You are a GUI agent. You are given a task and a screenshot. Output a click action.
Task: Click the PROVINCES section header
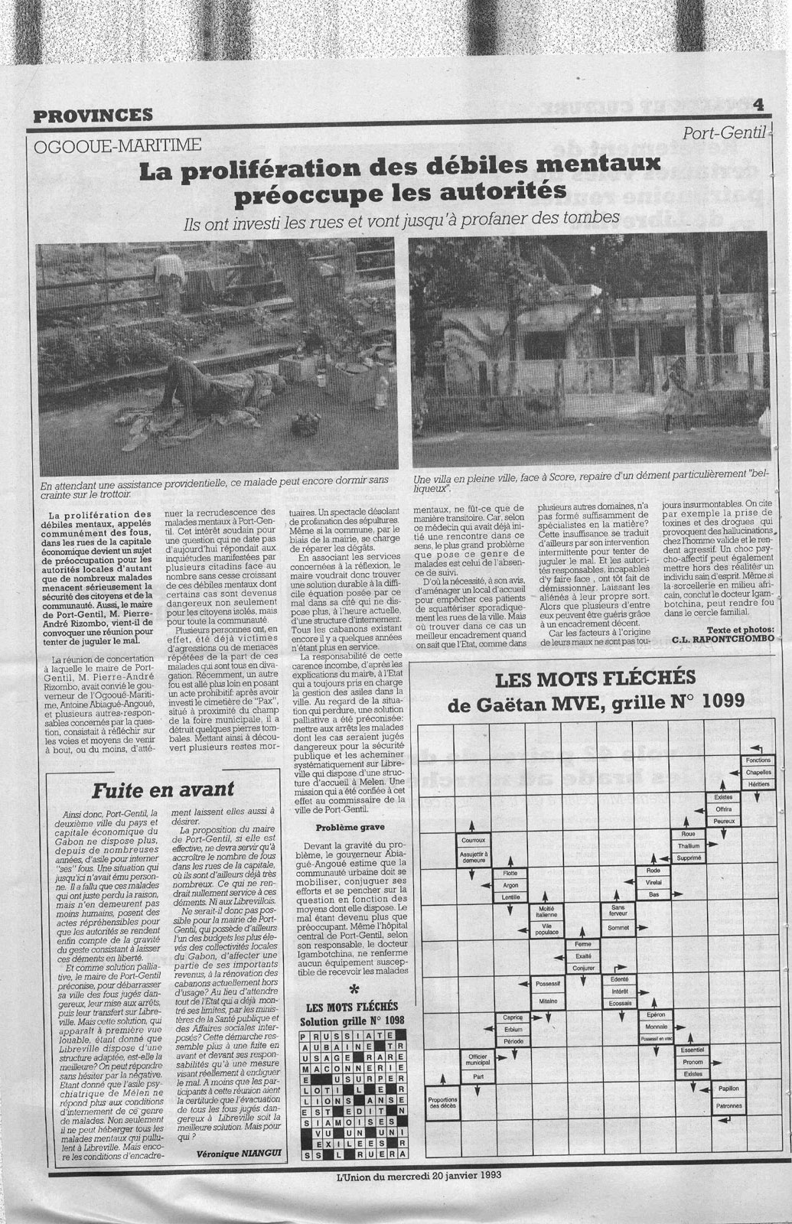pos(93,116)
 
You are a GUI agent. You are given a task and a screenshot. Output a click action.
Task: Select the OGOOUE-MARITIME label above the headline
pos(118,145)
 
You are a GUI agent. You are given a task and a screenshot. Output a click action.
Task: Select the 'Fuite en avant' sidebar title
pos(164,789)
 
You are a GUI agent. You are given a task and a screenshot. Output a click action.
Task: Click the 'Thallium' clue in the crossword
pos(690,845)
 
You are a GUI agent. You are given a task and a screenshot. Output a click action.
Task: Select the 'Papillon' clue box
pos(728,1089)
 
